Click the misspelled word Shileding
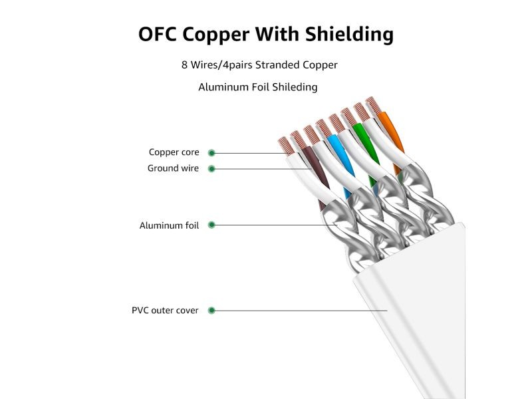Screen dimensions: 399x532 point(293,87)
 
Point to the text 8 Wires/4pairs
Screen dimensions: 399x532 point(212,65)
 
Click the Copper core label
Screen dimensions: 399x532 point(174,152)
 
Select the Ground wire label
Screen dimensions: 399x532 point(173,168)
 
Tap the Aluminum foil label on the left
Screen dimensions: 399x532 point(169,225)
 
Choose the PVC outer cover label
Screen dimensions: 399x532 point(165,311)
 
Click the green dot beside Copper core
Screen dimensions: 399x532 point(212,152)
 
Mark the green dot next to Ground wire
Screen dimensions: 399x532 point(212,168)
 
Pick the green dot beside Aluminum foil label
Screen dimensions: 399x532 point(212,225)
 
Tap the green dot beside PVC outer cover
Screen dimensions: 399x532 point(212,311)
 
